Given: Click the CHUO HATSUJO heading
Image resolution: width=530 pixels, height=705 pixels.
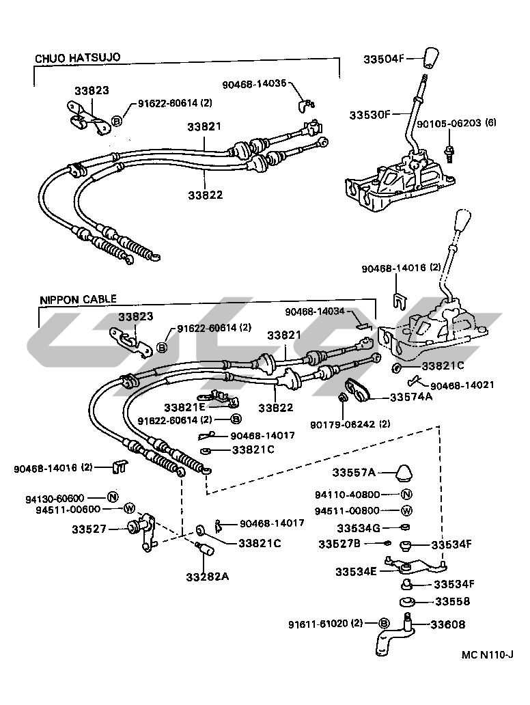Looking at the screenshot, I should pyautogui.click(x=77, y=57).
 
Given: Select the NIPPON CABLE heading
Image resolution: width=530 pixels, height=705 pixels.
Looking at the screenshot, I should pyautogui.click(x=78, y=299).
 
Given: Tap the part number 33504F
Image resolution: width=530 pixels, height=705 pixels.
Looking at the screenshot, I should pyautogui.click(x=386, y=59).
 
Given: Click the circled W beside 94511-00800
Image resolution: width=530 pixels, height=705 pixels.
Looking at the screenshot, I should pyautogui.click(x=406, y=511).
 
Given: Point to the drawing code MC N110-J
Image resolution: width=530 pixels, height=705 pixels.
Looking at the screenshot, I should pyautogui.click(x=486, y=655).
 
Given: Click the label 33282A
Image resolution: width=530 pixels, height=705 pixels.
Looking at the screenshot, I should pyautogui.click(x=207, y=576).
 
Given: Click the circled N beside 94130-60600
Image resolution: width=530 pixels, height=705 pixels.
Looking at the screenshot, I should pyautogui.click(x=113, y=497).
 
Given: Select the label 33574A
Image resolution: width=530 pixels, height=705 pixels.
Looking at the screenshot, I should pyautogui.click(x=410, y=396).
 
